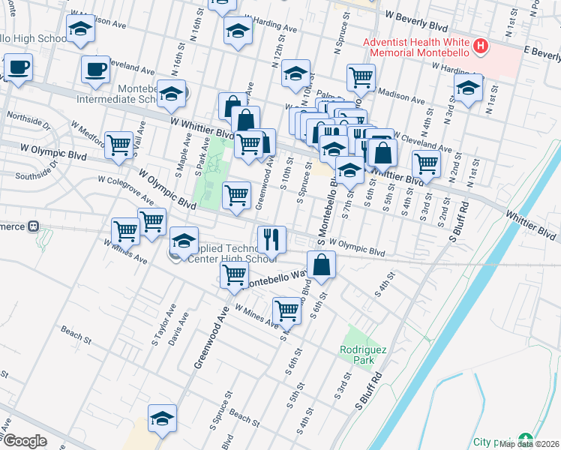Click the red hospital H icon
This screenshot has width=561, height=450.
pyautogui.click(x=481, y=48)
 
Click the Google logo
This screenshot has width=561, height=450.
pyautogui.click(x=25, y=440)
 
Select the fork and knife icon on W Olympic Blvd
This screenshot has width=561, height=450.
pyautogui.click(x=271, y=238)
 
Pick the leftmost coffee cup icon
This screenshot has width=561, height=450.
pyautogui.click(x=17, y=67)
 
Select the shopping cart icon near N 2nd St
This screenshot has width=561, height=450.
pyautogui.click(x=426, y=162)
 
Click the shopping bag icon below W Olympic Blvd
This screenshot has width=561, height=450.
pyautogui.click(x=321, y=265)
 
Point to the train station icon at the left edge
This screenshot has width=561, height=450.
pyautogui.click(x=33, y=226)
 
